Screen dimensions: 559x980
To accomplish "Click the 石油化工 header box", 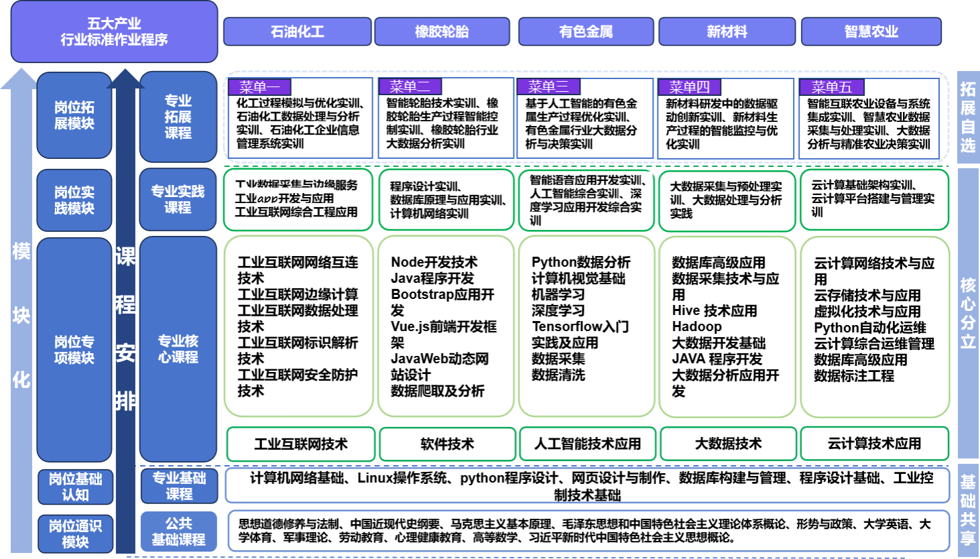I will [x=297, y=32].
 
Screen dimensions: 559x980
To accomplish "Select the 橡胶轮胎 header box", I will [x=442, y=32].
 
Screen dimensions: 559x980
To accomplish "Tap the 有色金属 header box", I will [x=586, y=32].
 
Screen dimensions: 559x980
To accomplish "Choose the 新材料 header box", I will [x=727, y=32].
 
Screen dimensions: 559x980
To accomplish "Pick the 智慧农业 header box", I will [x=871, y=32].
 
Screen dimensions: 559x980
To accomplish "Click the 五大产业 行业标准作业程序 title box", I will [x=114, y=32].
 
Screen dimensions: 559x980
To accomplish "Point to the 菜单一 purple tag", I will [x=259, y=87].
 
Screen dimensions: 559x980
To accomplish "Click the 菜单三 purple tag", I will [x=548, y=87].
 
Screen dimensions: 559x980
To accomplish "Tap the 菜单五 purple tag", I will [x=831, y=87].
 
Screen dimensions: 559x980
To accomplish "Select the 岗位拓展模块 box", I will [x=74, y=115].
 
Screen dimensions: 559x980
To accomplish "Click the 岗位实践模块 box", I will [x=74, y=200].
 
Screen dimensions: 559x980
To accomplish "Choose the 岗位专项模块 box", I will [x=74, y=349].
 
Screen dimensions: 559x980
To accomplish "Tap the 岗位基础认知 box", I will [x=75, y=487].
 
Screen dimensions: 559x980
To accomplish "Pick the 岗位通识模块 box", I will [x=75, y=534].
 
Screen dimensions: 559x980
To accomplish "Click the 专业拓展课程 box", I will [x=178, y=117].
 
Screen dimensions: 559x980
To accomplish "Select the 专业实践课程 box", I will [x=178, y=199].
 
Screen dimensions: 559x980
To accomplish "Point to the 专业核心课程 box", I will [x=178, y=349].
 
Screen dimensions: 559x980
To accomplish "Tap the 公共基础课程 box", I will [x=178, y=531].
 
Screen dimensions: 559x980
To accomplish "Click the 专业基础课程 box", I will [x=179, y=486].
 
